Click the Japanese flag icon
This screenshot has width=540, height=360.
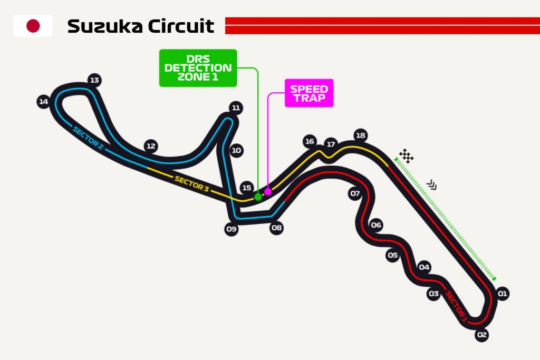(x=33, y=26)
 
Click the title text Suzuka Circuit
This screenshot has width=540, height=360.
(x=141, y=26)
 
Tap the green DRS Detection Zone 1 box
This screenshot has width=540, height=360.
(x=198, y=68)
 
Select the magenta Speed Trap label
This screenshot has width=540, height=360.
(x=309, y=93)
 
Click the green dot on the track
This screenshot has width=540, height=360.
(x=258, y=197)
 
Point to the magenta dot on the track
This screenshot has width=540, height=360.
(x=268, y=191)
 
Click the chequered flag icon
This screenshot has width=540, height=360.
(x=406, y=155)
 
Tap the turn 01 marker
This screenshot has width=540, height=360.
(x=502, y=294)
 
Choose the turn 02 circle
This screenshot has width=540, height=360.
(x=481, y=334)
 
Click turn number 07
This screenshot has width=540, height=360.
(x=355, y=193)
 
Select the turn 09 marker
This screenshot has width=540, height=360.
(x=231, y=229)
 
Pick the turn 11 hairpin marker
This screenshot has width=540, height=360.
(x=235, y=108)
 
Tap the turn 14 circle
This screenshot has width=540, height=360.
(x=43, y=102)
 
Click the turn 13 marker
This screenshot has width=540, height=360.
(x=94, y=80)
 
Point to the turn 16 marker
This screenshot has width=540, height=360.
(x=310, y=141)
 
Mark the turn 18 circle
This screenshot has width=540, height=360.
(x=360, y=135)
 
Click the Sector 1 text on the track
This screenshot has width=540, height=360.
(x=456, y=306)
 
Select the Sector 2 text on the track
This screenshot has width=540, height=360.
(x=88, y=139)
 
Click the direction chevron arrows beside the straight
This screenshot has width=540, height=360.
(x=432, y=184)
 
